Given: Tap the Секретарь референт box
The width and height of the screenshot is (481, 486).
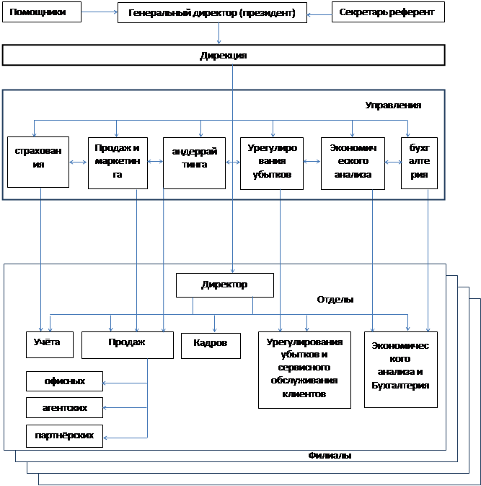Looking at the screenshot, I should (387, 12).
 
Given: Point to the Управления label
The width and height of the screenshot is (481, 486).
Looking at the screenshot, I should (392, 105).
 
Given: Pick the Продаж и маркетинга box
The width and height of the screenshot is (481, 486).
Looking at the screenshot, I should (118, 162).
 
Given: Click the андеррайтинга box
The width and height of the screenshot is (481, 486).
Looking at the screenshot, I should (190, 162).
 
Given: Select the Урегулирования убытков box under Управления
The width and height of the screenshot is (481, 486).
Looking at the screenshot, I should (270, 162).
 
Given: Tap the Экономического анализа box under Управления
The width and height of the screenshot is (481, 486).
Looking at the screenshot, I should (353, 162).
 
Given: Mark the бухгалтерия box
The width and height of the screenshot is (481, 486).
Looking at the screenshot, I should (419, 162).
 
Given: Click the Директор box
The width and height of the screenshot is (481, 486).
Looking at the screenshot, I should (224, 285).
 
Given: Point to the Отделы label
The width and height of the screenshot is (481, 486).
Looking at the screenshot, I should (335, 300).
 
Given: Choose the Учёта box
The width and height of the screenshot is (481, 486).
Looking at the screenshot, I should (48, 343).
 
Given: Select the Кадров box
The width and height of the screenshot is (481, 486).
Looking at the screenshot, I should (210, 344).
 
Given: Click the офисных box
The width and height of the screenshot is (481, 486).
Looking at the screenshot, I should (64, 381).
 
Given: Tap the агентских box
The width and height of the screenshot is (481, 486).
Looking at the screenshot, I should (64, 407).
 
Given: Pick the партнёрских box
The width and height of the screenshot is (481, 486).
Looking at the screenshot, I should (64, 435).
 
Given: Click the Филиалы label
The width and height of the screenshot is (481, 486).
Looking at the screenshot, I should (330, 456).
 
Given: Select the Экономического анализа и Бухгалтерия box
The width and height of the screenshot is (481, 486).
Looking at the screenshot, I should (400, 369).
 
